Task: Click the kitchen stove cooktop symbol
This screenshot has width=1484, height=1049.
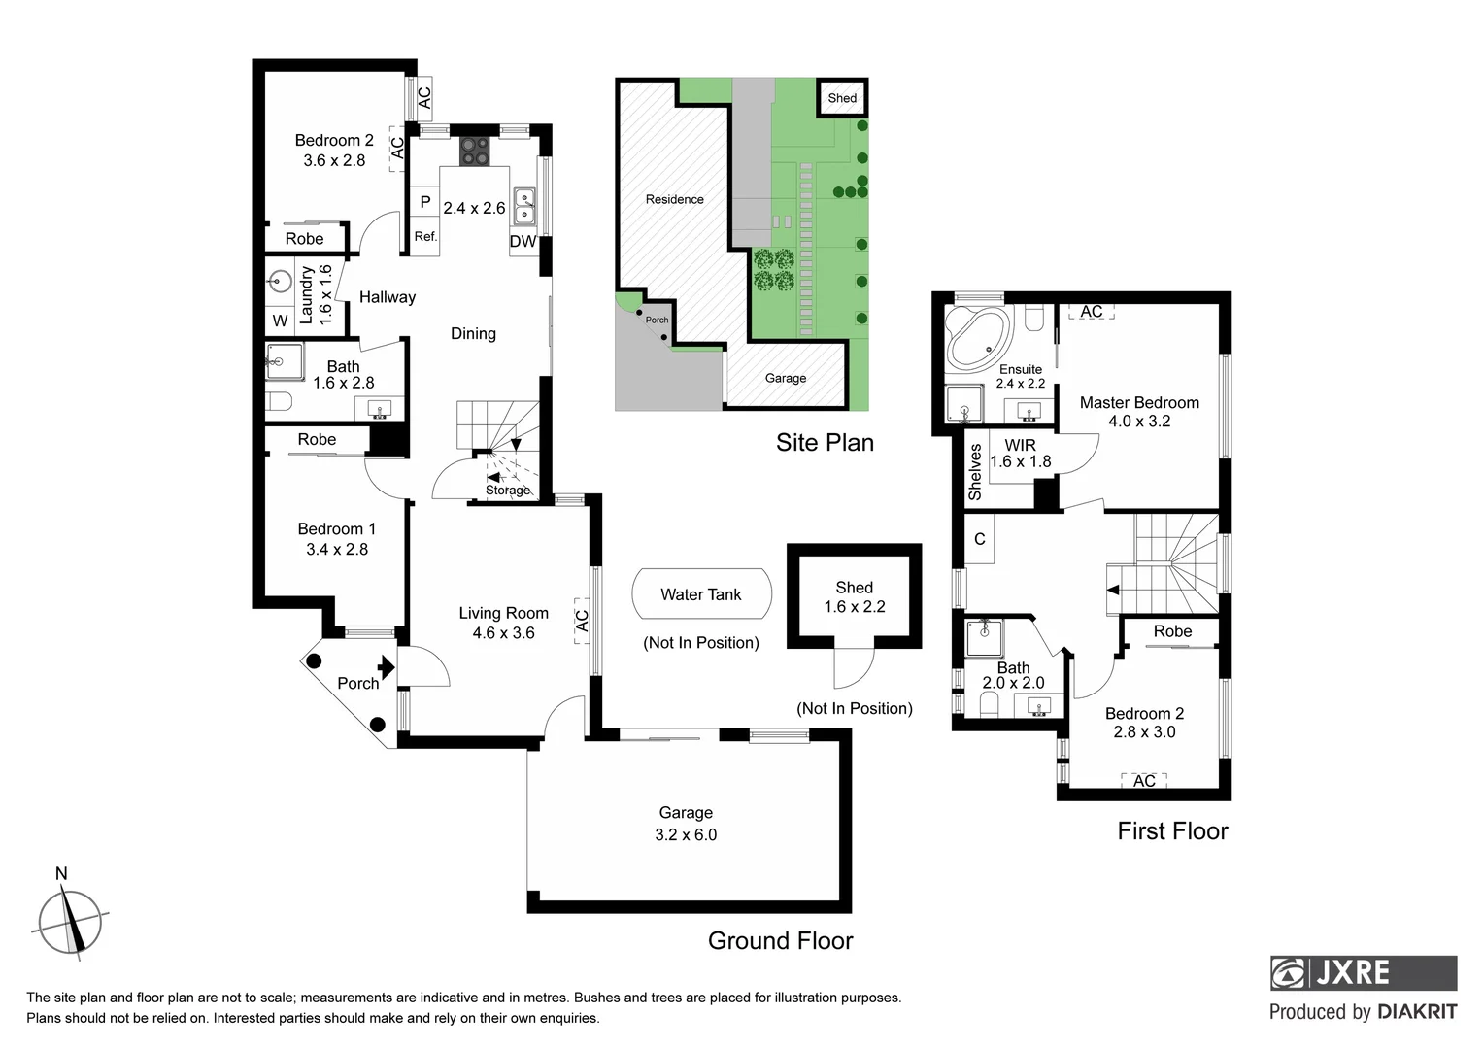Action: [x=475, y=152]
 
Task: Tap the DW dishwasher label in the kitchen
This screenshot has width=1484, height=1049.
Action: [x=523, y=242]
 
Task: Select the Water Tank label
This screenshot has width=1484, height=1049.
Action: [x=700, y=594]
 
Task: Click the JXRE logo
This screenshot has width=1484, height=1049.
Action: [x=1363, y=972]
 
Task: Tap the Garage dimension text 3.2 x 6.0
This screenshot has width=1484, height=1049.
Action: [x=686, y=835]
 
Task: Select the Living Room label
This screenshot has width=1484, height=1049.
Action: [x=503, y=613]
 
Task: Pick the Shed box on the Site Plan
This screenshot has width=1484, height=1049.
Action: [x=842, y=98]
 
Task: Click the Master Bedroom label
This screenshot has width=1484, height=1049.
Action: [x=1138, y=402]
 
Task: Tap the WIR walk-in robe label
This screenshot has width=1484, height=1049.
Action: [x=1020, y=445]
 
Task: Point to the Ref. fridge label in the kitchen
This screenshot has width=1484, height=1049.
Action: [x=425, y=236]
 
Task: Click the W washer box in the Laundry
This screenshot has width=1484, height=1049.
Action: [x=280, y=321]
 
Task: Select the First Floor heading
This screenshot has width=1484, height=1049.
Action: [x=1172, y=831]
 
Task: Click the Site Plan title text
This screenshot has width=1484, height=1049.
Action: [x=825, y=443]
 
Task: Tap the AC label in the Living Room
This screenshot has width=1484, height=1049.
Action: [x=582, y=620]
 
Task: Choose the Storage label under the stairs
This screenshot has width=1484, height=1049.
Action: [x=508, y=491]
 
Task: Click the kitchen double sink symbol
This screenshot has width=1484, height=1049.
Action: [x=524, y=204]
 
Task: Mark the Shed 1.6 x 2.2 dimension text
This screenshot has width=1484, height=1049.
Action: [x=854, y=607]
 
